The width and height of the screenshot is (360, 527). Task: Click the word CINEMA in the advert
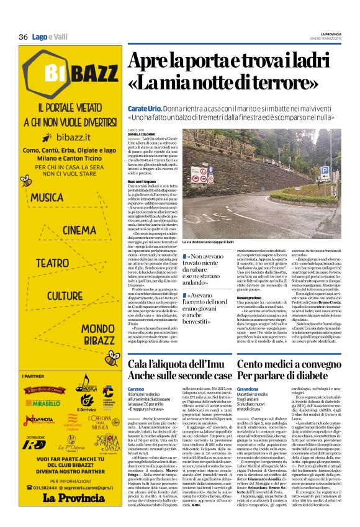79,230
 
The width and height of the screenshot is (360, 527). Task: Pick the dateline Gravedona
248,388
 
